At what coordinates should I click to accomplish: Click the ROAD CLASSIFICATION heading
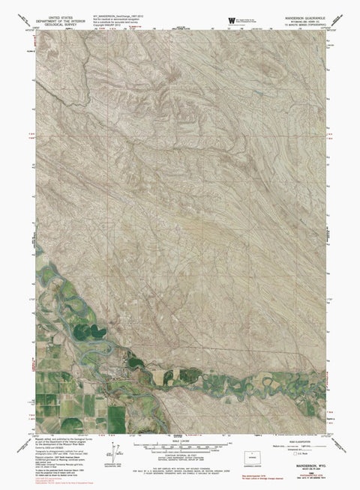(x=300, y=443)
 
